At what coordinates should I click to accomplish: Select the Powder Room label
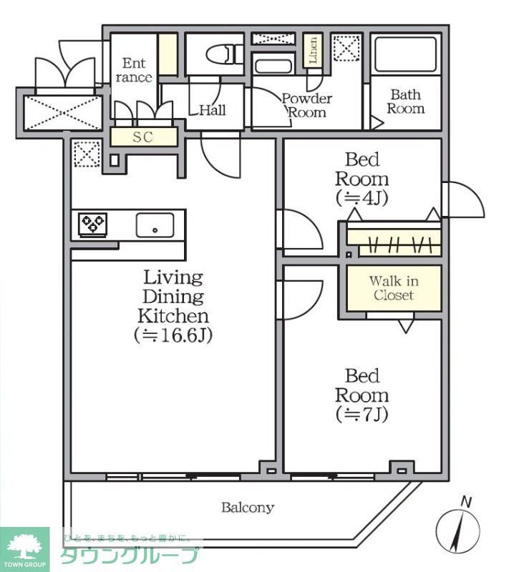click(306, 105)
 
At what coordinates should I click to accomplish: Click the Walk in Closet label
click(393, 288)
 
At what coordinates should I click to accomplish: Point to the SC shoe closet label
click(143, 137)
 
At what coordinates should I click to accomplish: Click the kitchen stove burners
click(92, 225)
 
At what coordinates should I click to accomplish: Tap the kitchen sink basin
click(155, 226)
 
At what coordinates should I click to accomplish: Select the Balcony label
click(247, 508)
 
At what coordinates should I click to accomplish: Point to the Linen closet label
click(312, 51)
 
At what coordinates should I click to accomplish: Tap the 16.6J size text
click(173, 335)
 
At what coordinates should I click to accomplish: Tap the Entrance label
click(133, 70)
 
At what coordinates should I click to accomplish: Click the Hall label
click(213, 110)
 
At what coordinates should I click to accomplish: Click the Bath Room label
click(406, 102)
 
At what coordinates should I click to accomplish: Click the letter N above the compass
click(466, 502)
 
